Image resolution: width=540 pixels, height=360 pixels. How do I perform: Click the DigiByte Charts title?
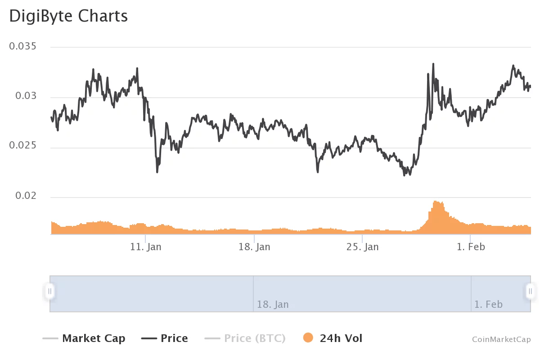(68, 16)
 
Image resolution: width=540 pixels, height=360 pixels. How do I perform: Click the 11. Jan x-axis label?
(145, 247)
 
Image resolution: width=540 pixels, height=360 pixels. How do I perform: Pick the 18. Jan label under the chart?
(254, 247)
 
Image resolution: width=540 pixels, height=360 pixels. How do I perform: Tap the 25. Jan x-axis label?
(363, 247)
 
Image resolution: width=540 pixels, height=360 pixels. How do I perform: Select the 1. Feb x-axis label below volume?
(470, 247)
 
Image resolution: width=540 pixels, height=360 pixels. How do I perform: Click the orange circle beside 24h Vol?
(308, 338)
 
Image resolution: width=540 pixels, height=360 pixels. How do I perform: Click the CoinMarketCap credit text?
(501, 339)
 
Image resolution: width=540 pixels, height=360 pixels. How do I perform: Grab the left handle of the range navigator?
(50, 291)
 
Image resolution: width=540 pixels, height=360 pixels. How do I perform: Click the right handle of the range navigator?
(531, 291)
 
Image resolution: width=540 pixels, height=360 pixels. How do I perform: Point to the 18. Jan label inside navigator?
(273, 305)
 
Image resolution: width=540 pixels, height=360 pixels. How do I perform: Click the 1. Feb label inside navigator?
(488, 305)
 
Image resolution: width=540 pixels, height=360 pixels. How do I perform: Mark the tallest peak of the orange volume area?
(435, 202)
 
